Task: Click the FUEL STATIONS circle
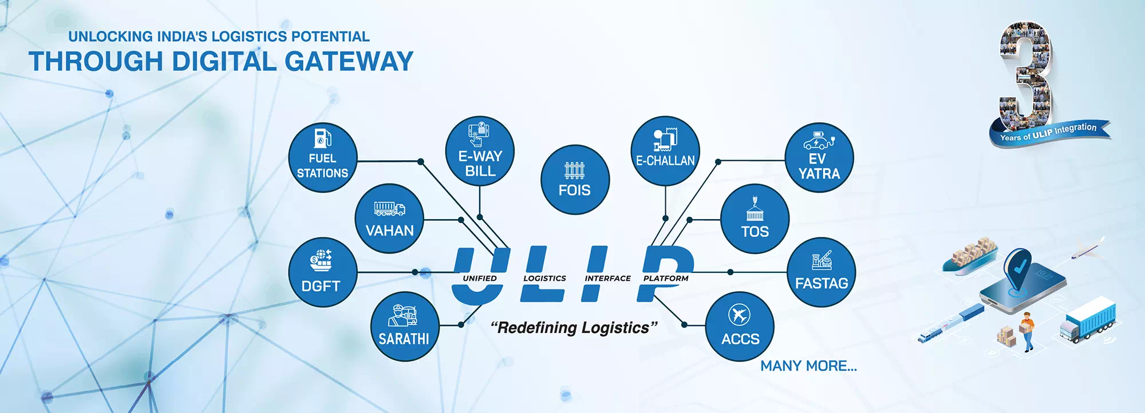tap(322, 157)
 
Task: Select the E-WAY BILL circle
tap(480, 151)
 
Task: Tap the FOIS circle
tap(575, 180)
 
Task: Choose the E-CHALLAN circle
tap(665, 151)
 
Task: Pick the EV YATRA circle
tap(819, 157)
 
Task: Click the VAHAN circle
tap(389, 219)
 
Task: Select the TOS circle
tap(755, 219)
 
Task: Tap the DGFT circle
tap(322, 272)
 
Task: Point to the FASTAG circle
tap(821, 272)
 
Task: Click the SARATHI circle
tap(404, 327)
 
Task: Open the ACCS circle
tap(740, 327)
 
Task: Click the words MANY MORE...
tap(808, 366)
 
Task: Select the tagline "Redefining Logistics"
tap(574, 328)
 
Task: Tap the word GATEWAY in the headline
tap(349, 62)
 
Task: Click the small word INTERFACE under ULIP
tap(607, 279)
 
